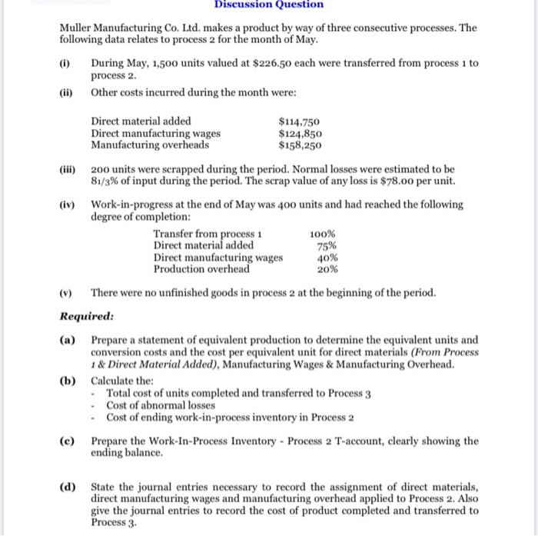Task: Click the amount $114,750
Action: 300,121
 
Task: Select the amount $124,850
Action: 300,132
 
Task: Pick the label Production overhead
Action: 201,269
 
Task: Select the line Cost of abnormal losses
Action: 161,405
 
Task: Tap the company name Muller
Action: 77,28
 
